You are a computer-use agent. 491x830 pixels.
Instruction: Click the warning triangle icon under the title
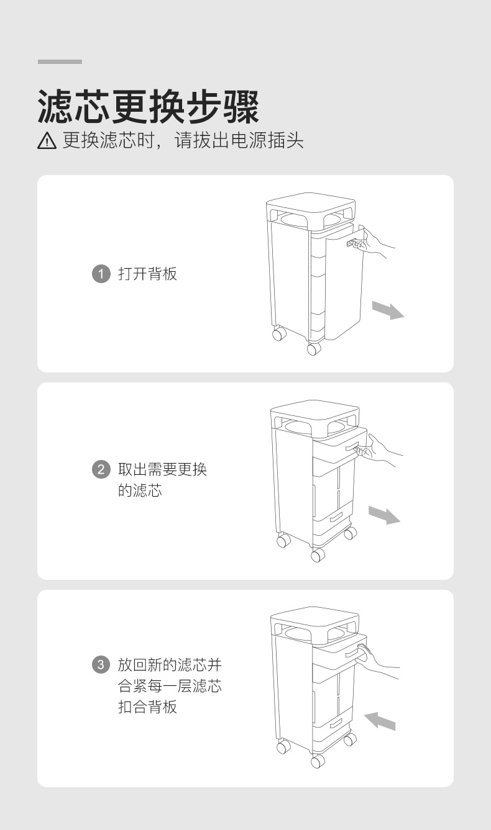point(47,141)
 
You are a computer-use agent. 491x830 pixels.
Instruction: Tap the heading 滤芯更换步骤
point(149,107)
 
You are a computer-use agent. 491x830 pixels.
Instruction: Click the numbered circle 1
point(101,274)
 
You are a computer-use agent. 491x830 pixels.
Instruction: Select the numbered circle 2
point(101,469)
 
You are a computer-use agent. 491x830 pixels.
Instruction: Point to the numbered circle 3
point(101,664)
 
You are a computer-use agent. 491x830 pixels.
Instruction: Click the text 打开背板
point(147,274)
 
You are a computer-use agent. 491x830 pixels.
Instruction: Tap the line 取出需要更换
point(162,469)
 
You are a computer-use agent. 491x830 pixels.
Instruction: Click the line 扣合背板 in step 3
point(147,706)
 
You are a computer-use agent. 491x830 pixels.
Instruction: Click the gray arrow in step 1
point(388,310)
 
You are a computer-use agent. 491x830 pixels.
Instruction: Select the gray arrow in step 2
point(384,515)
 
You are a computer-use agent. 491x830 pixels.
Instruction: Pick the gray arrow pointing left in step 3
point(380,721)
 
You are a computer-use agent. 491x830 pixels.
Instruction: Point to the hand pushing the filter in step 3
point(377,659)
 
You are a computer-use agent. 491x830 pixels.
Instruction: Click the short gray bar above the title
point(60,61)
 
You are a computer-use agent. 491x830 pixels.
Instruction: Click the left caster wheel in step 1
point(279,333)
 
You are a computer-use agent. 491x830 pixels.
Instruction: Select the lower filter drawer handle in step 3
point(336,723)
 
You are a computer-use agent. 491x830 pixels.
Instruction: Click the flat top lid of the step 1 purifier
point(311,202)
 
